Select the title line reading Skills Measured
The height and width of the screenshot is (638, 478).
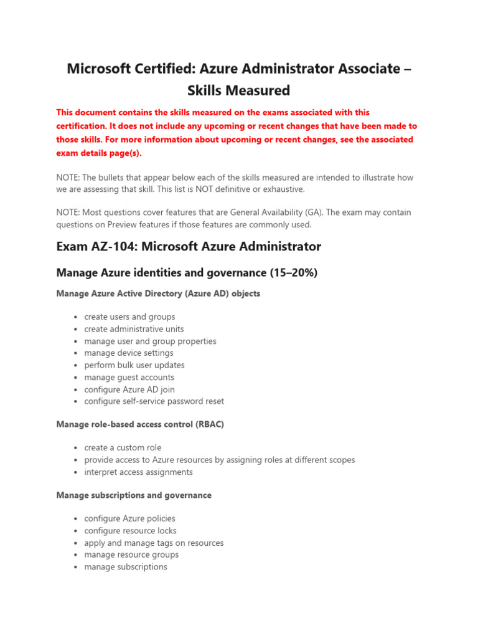click(x=239, y=91)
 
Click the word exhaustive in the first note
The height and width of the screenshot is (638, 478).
click(x=281, y=189)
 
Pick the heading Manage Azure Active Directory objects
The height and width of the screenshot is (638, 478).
click(x=158, y=293)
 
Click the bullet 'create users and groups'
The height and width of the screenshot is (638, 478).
click(x=129, y=317)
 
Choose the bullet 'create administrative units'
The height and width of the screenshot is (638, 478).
click(x=134, y=329)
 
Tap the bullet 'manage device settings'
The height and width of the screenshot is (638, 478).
click(x=129, y=353)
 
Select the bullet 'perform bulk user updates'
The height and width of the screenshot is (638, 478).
click(x=134, y=365)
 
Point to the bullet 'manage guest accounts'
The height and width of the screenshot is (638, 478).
click(x=129, y=378)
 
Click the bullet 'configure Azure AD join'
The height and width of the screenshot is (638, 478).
click(x=129, y=389)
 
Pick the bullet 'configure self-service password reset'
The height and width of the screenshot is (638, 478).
click(x=154, y=401)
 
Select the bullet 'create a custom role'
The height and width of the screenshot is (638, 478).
click(x=123, y=448)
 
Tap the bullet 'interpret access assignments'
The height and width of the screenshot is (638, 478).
click(x=138, y=472)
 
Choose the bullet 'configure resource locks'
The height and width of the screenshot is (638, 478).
click(x=130, y=531)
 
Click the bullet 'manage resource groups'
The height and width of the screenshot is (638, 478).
click(x=131, y=555)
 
